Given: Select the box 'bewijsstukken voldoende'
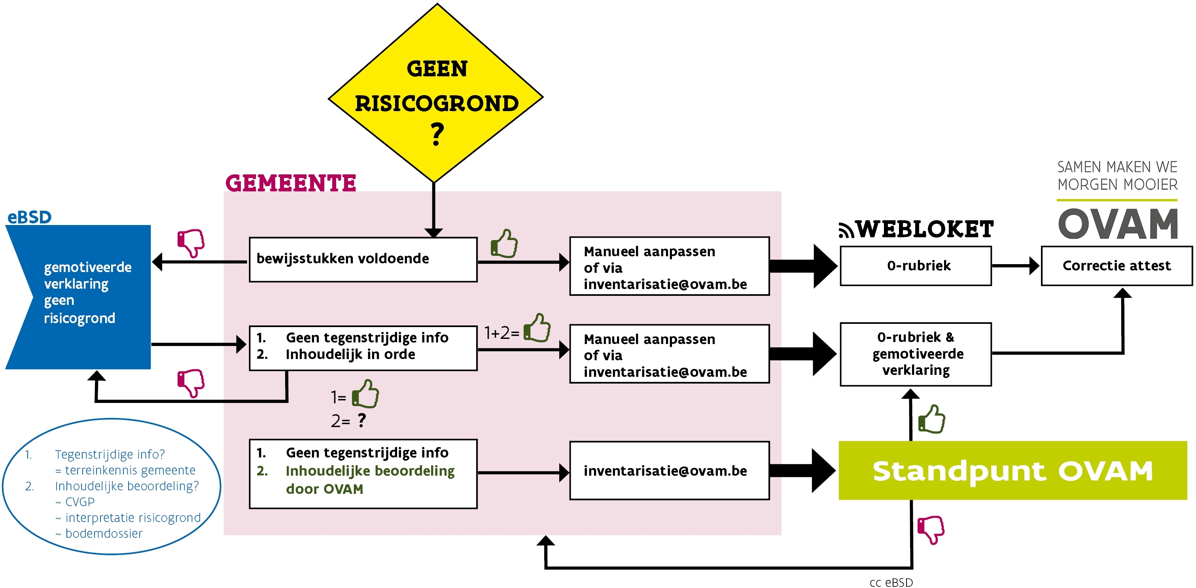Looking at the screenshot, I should click(x=363, y=259).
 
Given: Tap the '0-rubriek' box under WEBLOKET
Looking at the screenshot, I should click(x=915, y=265).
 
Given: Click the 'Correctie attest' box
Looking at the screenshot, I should click(x=1116, y=265).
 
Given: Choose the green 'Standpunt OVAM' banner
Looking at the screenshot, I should click(x=1012, y=470).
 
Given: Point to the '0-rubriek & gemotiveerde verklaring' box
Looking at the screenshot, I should click(x=915, y=354).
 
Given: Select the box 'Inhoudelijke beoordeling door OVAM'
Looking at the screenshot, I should click(x=363, y=473).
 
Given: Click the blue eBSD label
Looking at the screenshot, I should click(x=29, y=217).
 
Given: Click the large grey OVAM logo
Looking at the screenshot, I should click(x=1118, y=224).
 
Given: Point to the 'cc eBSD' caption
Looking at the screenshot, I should click(x=891, y=582).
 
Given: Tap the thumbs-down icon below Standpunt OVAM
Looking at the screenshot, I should click(x=931, y=529).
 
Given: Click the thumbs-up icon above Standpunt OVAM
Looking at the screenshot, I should click(x=932, y=420).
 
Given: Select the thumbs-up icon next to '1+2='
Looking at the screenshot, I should click(x=537, y=329).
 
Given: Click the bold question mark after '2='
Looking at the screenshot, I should click(x=361, y=420).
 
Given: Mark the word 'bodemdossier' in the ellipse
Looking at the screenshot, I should click(x=104, y=533).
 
